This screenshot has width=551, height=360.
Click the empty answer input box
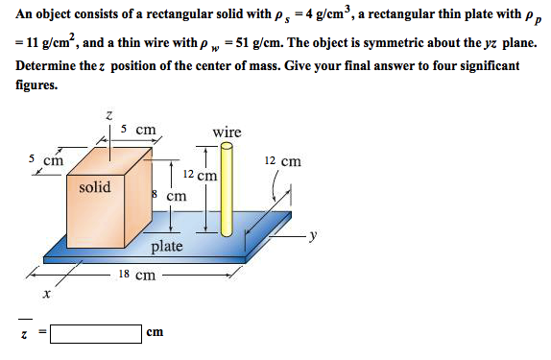(x=95, y=333)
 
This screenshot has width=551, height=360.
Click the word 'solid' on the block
(x=95, y=187)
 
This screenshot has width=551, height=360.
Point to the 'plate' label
(x=166, y=247)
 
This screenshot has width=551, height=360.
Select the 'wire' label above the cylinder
(x=227, y=132)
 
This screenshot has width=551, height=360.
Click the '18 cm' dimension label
(x=136, y=276)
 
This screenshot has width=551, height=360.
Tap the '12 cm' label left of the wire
(x=200, y=176)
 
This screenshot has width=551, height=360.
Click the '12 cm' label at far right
(x=281, y=161)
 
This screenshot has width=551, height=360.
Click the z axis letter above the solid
(x=109, y=116)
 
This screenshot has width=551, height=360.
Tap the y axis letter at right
(x=313, y=236)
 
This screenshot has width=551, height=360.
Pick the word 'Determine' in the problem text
(x=49, y=65)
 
